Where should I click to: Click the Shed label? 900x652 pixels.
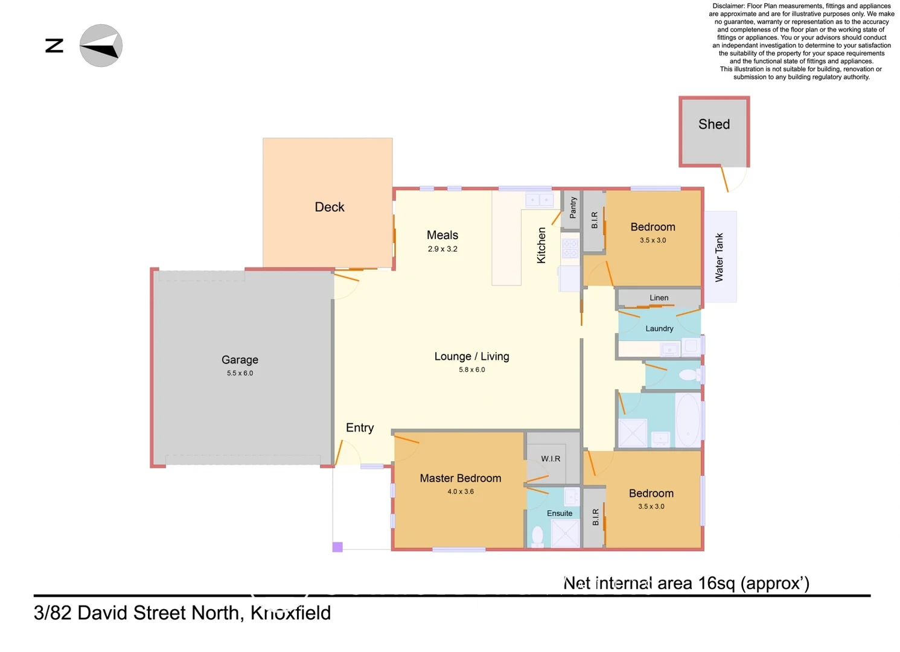tap(714, 124)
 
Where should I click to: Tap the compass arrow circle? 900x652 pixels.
tap(101, 46)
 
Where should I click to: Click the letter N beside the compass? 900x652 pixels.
tap(54, 46)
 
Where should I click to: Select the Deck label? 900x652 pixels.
tap(329, 207)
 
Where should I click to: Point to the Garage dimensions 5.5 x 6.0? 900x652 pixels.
tap(240, 373)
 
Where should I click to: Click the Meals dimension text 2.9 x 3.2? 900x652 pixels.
tap(442, 249)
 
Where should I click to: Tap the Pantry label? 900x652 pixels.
tap(573, 208)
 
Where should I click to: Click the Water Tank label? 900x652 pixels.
tap(719, 257)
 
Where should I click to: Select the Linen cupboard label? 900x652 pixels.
tap(659, 298)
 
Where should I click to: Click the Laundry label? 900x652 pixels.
tap(659, 328)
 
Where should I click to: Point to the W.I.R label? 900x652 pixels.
tap(551, 459)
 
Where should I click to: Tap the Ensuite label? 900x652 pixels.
tap(560, 513)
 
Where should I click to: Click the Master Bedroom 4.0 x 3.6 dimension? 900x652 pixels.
tap(461, 491)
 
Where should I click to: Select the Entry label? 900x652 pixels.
tap(360, 428)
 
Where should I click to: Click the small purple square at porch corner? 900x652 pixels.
tap(337, 547)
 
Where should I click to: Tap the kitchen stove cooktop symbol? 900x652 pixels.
tap(570, 248)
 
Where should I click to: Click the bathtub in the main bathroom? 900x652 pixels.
tap(688, 420)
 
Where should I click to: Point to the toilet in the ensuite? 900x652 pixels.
tap(537, 535)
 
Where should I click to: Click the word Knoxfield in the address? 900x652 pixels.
tap(290, 613)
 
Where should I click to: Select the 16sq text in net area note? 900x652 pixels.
tap(716, 583)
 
